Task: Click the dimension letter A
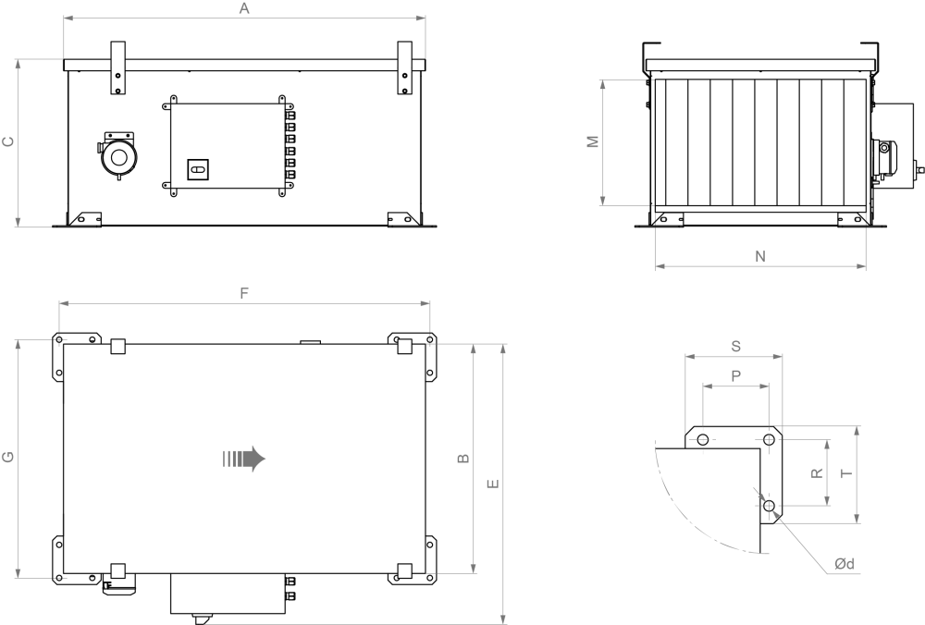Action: tap(244, 8)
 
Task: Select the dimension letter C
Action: tap(8, 141)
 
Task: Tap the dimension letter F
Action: tap(244, 293)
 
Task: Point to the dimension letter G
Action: tap(8, 458)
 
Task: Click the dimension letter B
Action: tap(464, 458)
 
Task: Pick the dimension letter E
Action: tap(494, 484)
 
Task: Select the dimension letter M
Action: tap(594, 141)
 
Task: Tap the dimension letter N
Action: tap(760, 257)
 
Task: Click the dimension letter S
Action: tap(735, 347)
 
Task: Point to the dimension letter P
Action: tap(735, 375)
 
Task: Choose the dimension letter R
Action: tap(817, 472)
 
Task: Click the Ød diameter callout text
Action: tap(843, 563)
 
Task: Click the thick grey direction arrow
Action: tap(245, 459)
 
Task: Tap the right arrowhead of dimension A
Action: tap(421, 18)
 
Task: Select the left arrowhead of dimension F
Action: tap(64, 302)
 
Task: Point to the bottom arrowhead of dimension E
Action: tap(503, 619)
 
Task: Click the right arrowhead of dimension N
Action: tap(860, 266)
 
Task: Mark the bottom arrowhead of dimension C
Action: tap(18, 221)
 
